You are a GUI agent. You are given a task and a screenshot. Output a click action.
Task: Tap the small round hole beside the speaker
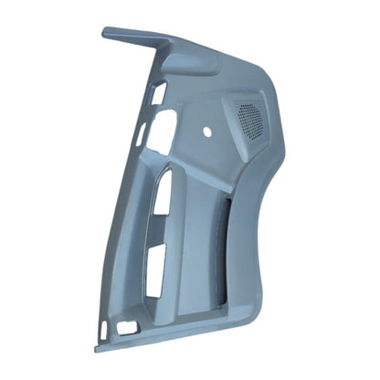pyautogui.click(x=207, y=132)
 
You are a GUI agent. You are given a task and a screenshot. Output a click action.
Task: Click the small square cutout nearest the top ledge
pyautogui.click(x=159, y=93)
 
